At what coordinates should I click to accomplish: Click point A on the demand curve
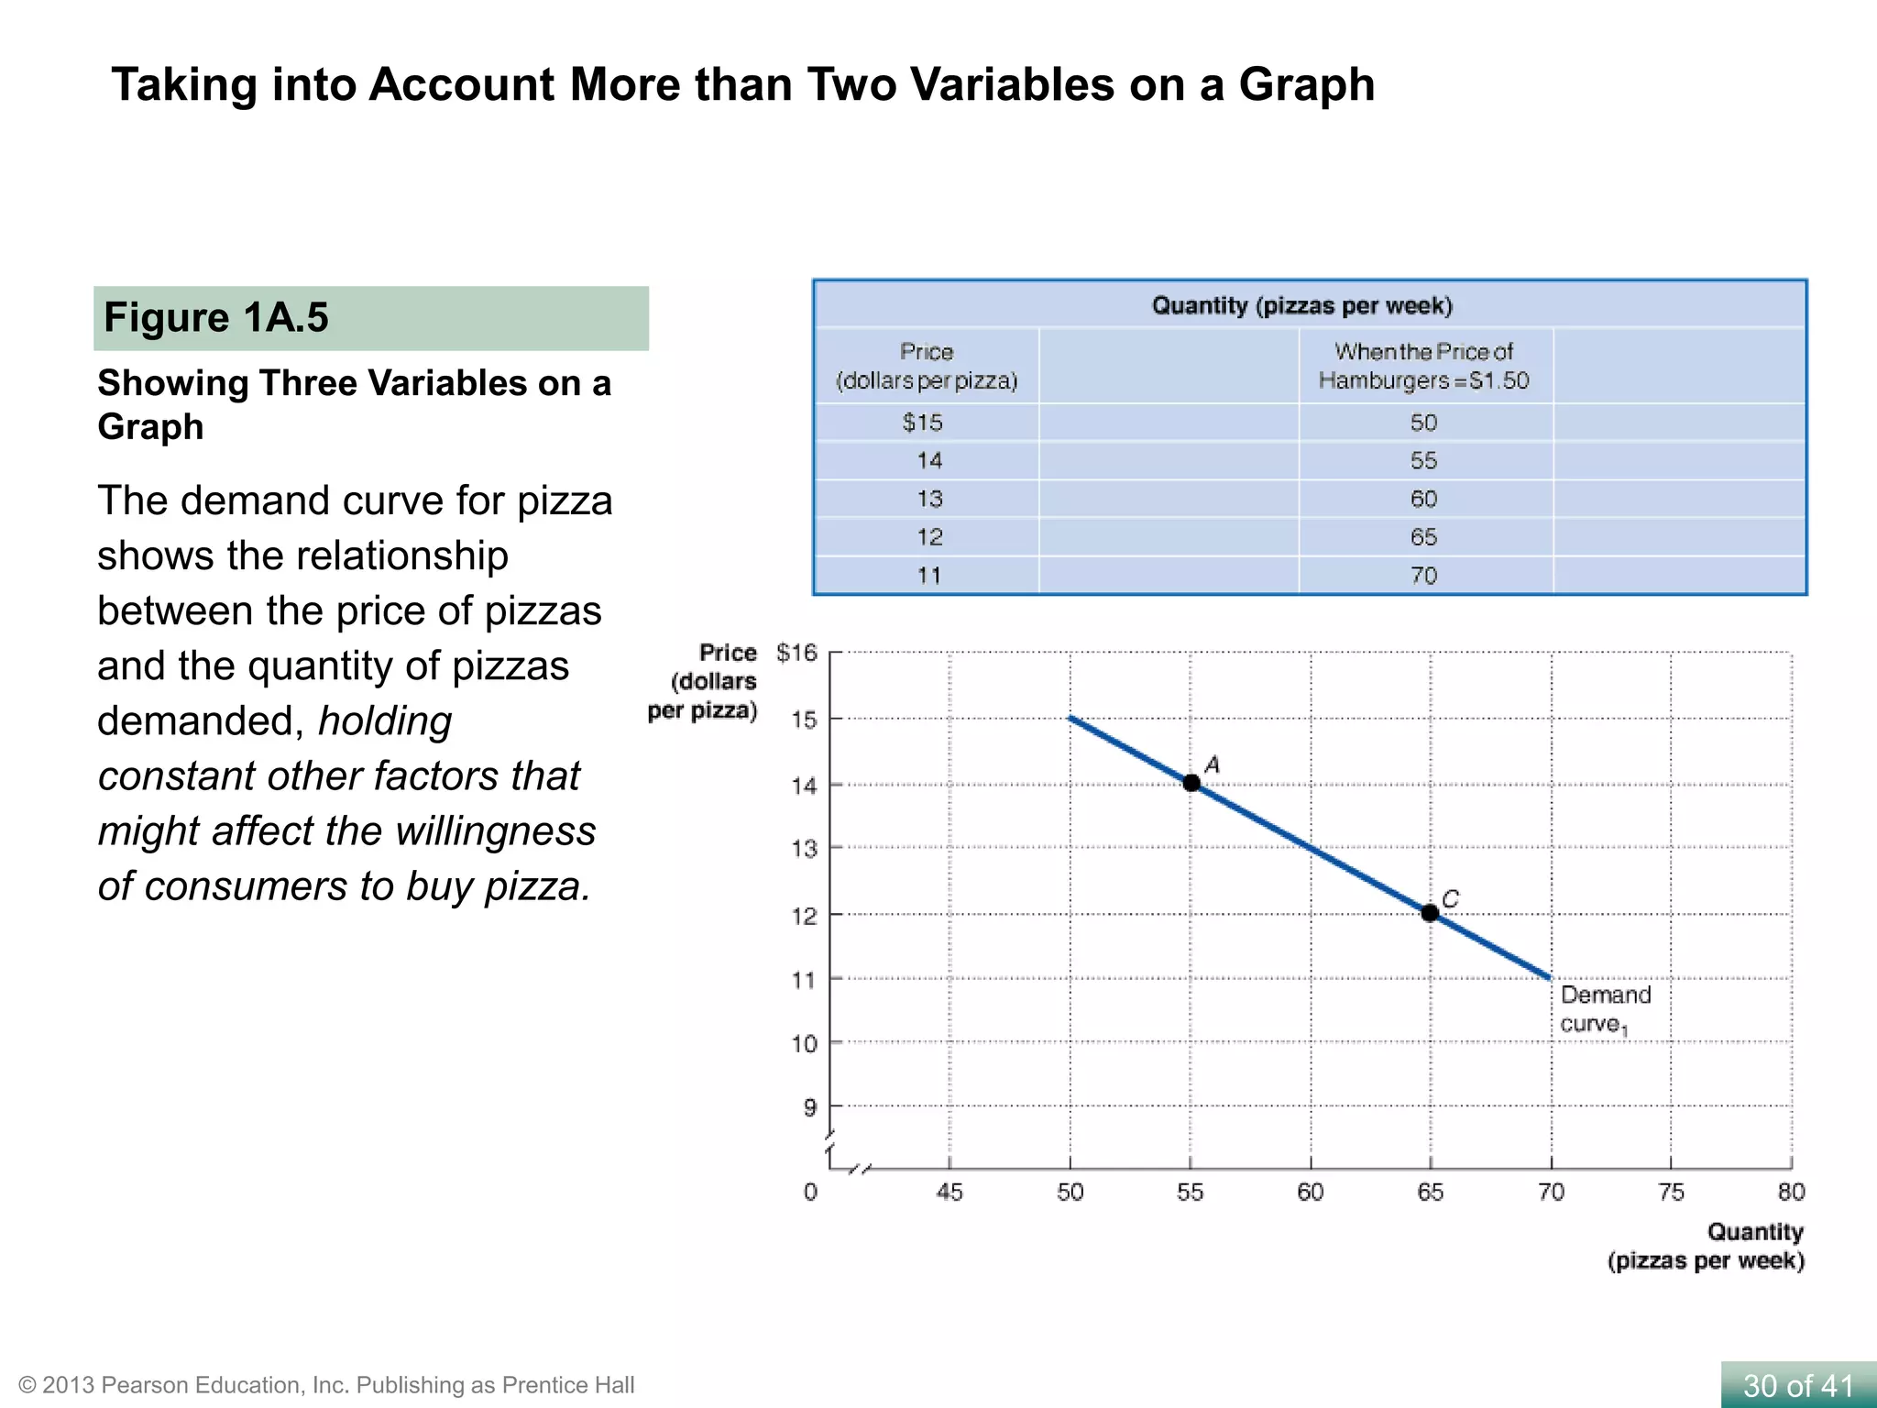(x=1191, y=783)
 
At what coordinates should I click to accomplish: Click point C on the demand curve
(x=1430, y=912)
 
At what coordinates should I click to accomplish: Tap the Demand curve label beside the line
(x=1605, y=1009)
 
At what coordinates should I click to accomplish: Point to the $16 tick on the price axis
(x=796, y=653)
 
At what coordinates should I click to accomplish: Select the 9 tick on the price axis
(x=809, y=1107)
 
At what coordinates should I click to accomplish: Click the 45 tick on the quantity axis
(x=949, y=1192)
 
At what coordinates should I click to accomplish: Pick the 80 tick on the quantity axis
(x=1791, y=1192)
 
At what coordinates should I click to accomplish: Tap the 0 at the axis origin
(x=810, y=1192)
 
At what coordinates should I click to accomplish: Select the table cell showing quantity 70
(x=1423, y=576)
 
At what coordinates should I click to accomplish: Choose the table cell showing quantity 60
(x=1423, y=499)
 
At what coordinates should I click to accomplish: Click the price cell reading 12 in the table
(x=929, y=537)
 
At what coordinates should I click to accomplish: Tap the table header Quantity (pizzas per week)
(x=1301, y=305)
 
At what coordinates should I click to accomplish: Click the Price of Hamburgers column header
(x=1423, y=366)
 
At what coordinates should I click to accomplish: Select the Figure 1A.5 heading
(x=216, y=318)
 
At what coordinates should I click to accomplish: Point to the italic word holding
(x=385, y=721)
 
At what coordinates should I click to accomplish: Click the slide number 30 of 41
(x=1798, y=1385)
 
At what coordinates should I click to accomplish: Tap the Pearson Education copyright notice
(x=326, y=1385)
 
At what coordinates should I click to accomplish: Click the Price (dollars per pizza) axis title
(x=704, y=681)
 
